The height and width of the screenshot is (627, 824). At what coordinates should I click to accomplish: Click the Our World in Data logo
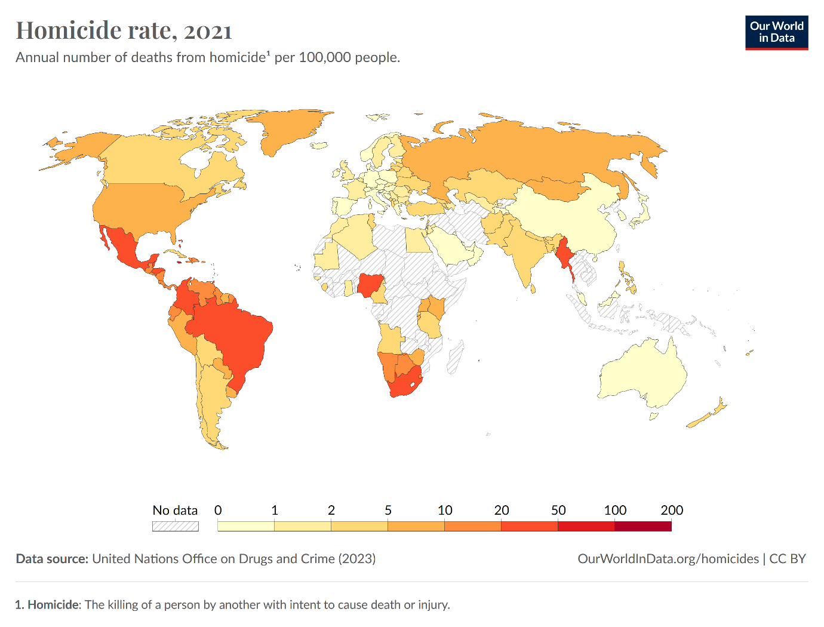[x=776, y=33]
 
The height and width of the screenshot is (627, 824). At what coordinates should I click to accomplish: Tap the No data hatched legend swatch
[x=176, y=526]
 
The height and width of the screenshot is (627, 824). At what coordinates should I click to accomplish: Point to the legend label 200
[x=672, y=510]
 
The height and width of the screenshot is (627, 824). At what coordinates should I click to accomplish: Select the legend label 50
[x=558, y=510]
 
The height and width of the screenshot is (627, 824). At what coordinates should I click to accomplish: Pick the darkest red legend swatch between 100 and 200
[x=643, y=525]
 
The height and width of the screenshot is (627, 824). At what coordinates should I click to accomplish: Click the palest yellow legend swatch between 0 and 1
[x=246, y=525]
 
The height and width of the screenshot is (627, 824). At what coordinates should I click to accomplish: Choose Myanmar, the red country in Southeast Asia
[x=565, y=256]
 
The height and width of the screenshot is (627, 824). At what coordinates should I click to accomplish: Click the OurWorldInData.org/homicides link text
[x=668, y=559]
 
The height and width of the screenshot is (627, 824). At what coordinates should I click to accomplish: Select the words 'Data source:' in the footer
[x=52, y=559]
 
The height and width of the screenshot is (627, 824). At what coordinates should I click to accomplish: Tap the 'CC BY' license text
[x=788, y=559]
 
